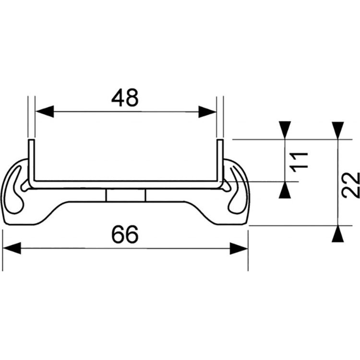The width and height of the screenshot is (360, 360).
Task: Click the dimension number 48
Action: click(x=125, y=98)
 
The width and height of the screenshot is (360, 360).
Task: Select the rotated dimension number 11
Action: click(x=298, y=161)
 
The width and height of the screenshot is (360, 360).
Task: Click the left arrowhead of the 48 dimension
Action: click(x=44, y=112)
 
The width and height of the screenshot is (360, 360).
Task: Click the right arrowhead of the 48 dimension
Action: click(x=207, y=112)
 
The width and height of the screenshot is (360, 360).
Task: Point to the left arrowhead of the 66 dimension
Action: click(x=12, y=249)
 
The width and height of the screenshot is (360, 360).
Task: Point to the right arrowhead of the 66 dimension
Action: click(x=239, y=249)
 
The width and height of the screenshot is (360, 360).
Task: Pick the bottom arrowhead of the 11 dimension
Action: click(x=285, y=192)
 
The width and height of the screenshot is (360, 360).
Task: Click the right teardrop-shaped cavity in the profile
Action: click(x=237, y=190)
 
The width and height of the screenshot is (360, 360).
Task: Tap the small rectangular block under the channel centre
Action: click(x=125, y=196)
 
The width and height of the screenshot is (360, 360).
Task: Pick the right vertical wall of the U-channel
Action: click(x=220, y=161)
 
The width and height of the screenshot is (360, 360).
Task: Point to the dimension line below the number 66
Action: click(x=125, y=249)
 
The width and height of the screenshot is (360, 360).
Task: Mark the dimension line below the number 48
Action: click(x=125, y=112)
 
